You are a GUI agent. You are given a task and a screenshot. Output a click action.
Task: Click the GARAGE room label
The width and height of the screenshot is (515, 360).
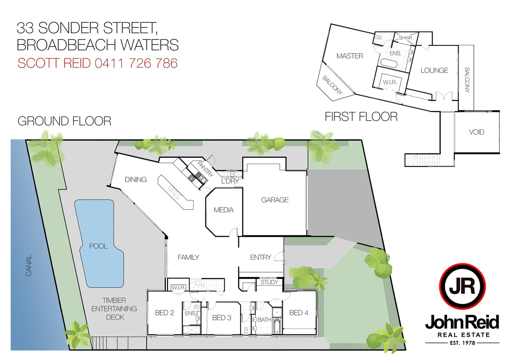(x=275, y=200)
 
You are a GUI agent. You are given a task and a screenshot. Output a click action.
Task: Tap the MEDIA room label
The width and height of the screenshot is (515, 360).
(x=223, y=210)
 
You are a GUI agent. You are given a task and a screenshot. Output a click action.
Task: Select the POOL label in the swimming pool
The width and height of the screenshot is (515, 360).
(x=98, y=246)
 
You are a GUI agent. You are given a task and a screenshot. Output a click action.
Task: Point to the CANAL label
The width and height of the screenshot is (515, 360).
(x=29, y=265)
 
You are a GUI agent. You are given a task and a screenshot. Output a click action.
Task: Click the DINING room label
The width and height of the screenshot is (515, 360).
(x=136, y=180)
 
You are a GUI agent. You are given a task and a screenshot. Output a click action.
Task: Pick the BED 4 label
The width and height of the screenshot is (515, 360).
(x=299, y=313)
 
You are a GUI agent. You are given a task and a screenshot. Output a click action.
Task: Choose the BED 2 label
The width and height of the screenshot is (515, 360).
(x=164, y=313)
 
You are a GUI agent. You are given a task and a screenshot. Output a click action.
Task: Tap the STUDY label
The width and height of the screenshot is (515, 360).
(x=269, y=282)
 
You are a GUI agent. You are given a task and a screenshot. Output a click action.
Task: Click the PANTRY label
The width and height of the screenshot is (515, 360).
(x=205, y=169)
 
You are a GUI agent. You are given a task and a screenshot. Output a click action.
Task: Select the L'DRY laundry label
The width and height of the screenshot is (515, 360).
(x=230, y=181)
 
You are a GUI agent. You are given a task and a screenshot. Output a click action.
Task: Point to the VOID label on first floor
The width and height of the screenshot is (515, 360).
(x=476, y=132)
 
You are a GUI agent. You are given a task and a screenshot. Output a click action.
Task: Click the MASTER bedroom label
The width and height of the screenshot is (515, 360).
(x=350, y=56)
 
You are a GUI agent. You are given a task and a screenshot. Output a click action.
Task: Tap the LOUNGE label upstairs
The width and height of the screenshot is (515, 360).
(x=434, y=70)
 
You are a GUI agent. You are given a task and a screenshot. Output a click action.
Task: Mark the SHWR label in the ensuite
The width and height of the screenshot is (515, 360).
(x=405, y=38)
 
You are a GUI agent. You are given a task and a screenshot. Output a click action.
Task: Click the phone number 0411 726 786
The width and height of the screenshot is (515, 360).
(x=136, y=63)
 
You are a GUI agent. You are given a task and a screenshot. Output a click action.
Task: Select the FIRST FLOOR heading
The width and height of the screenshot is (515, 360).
(x=361, y=117)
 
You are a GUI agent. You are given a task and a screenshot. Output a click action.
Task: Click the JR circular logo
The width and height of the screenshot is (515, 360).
(x=462, y=286)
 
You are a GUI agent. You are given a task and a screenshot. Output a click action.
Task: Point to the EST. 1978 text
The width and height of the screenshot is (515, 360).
(x=462, y=343)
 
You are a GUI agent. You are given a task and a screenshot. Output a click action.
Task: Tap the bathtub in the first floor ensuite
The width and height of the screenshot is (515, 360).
(x=389, y=63)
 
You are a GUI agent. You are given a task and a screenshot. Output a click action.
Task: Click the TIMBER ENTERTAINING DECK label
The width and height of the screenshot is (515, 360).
(x=114, y=309)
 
